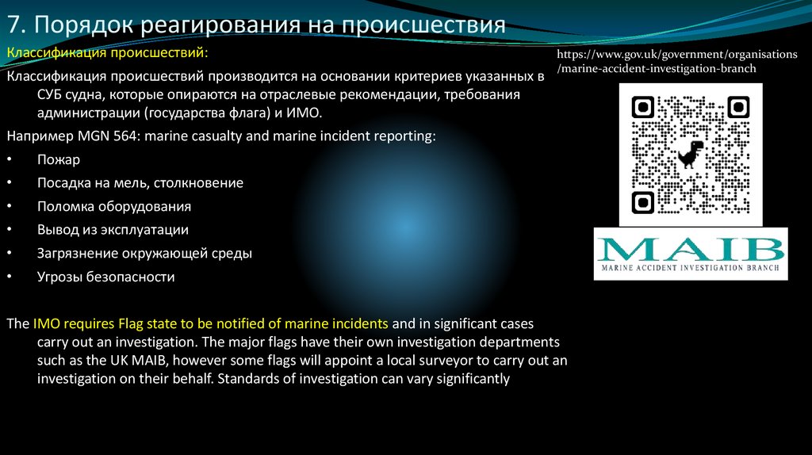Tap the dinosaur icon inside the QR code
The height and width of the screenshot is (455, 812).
690,153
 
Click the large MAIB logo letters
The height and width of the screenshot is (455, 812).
691,251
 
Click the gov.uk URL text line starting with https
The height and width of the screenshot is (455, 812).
676,55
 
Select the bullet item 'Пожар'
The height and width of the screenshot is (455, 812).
58,159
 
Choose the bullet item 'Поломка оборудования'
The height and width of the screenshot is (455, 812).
113,206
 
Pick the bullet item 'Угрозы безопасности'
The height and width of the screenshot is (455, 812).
105,277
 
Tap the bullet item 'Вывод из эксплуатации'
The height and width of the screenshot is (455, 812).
113,230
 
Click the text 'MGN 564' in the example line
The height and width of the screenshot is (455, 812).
95,136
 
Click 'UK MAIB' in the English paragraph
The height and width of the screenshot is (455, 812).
136,360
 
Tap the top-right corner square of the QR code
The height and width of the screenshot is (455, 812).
738,106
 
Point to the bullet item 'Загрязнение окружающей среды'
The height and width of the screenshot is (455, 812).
144,254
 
